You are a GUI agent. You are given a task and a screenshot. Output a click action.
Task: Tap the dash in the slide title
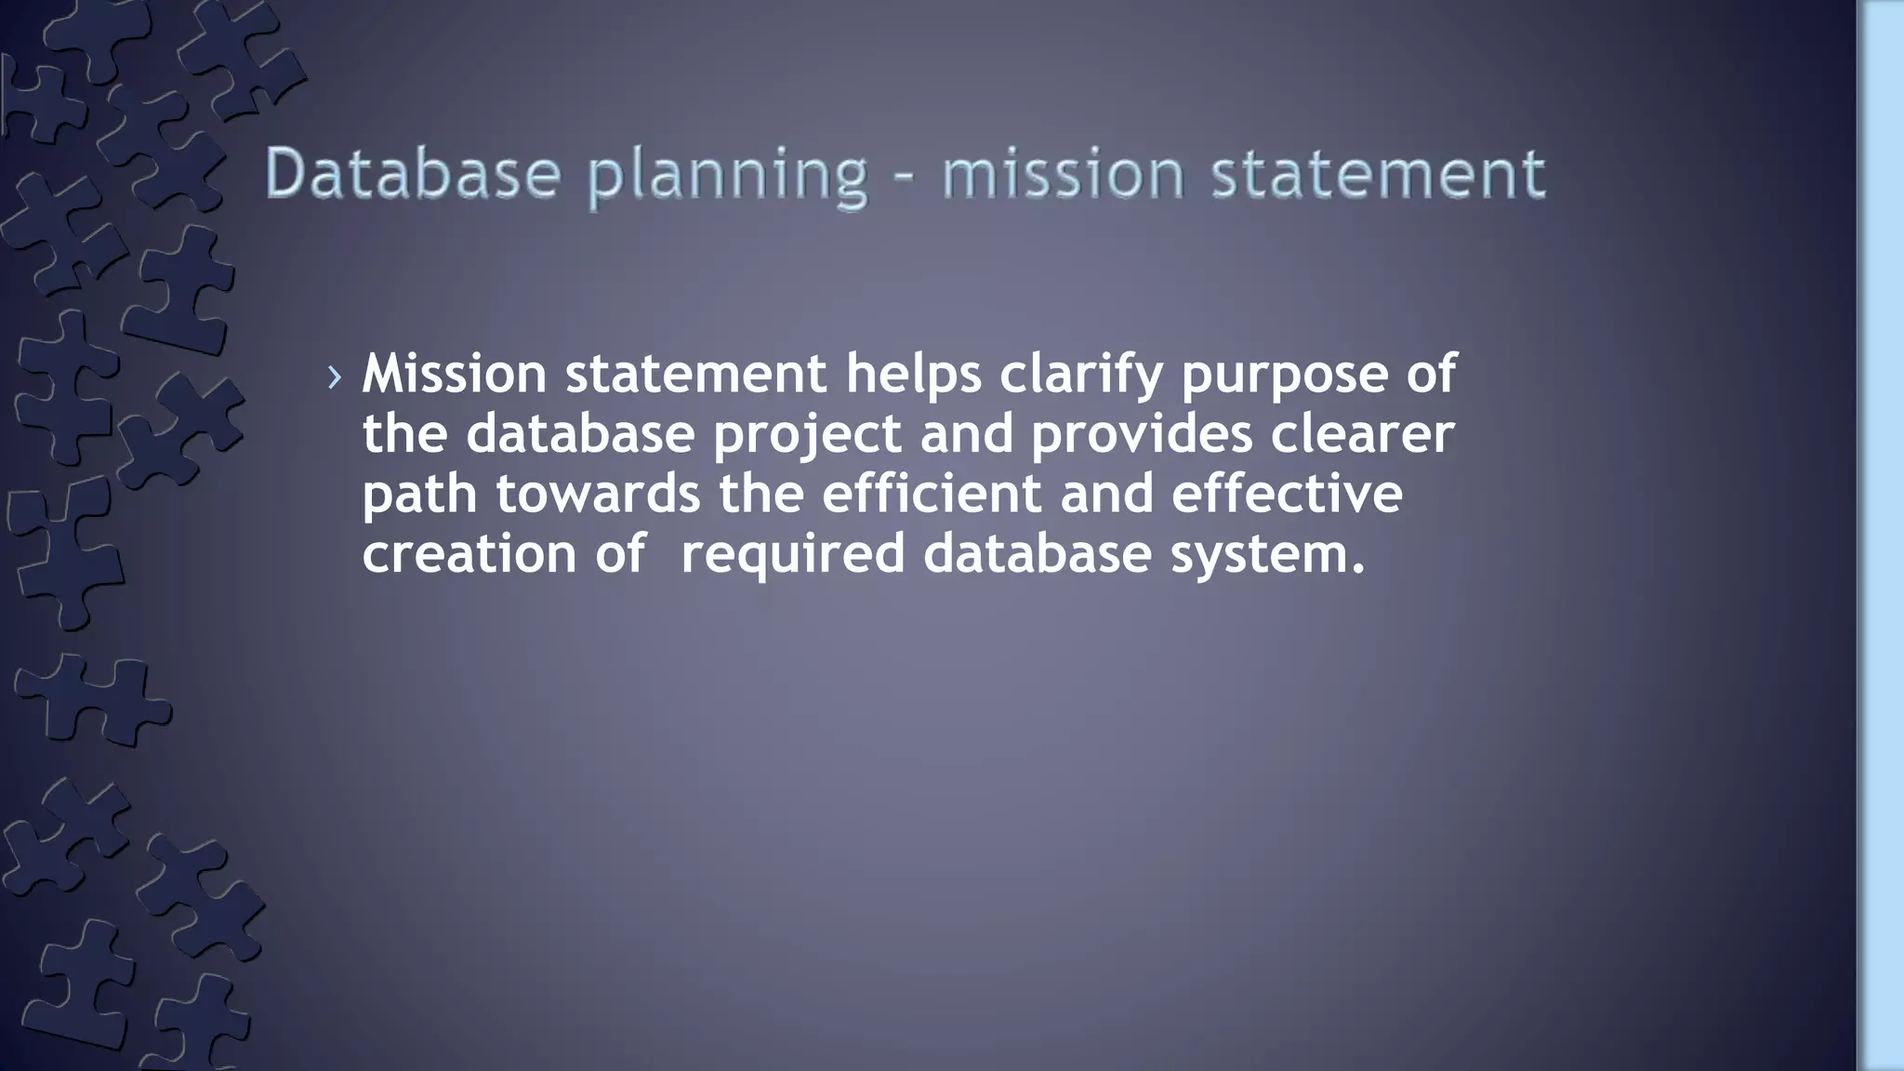904,177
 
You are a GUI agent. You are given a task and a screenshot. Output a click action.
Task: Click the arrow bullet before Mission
335,377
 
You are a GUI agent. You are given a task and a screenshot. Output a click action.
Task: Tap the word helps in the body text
913,374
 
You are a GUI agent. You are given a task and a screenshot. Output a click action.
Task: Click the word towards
598,494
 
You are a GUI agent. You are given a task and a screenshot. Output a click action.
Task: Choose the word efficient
932,494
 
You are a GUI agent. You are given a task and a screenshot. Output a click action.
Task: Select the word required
793,556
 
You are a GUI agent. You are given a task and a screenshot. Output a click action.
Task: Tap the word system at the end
1266,556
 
